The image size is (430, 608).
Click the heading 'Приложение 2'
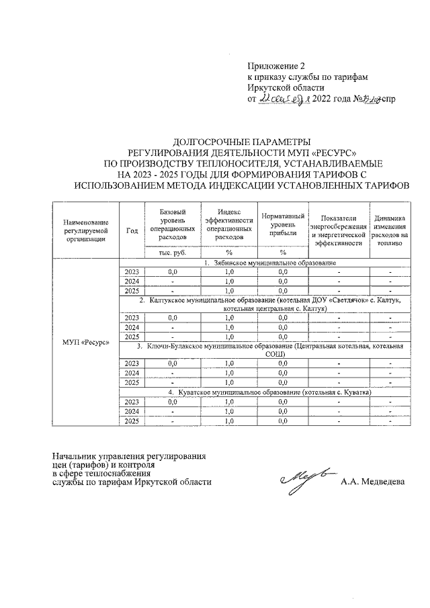coord(276,67)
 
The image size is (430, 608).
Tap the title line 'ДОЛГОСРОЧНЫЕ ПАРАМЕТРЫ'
coord(241,142)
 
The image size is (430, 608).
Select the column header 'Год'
coord(132,230)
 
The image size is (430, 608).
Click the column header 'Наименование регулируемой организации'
coord(85,230)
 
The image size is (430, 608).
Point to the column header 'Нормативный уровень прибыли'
coord(283,224)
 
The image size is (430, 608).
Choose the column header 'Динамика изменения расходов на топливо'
coord(390,230)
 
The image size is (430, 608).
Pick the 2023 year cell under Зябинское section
coord(132,271)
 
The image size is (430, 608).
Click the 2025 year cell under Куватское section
coord(132,421)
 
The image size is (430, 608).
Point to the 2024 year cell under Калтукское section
coord(132,327)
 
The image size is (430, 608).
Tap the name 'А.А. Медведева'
coord(373,482)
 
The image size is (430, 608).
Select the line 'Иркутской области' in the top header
coord(286,87)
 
